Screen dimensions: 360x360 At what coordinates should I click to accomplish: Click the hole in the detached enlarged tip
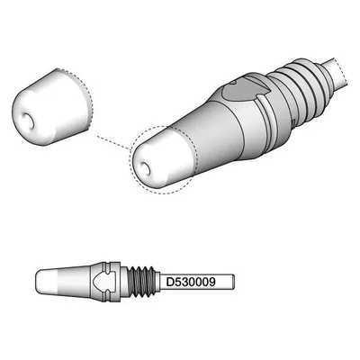tap(25, 121)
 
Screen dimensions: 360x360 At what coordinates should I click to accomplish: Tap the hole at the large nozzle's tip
tap(145, 169)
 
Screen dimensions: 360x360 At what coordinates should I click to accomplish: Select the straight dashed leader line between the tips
tap(113, 142)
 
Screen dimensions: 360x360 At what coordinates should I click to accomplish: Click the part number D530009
tap(191, 282)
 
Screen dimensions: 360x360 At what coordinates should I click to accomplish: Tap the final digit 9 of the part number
tap(211, 282)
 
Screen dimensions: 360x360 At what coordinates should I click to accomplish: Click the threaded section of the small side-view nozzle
tap(141, 282)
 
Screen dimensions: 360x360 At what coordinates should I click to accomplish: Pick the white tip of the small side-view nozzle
tap(47, 281)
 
